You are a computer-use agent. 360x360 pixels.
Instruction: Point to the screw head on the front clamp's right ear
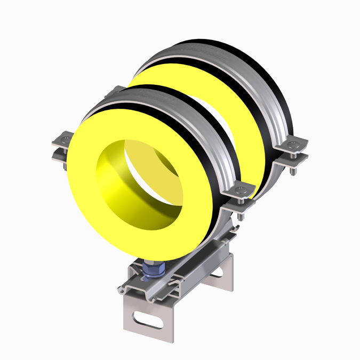tap(243, 189)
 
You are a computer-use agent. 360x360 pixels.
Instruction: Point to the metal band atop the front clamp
tap(160, 101)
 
